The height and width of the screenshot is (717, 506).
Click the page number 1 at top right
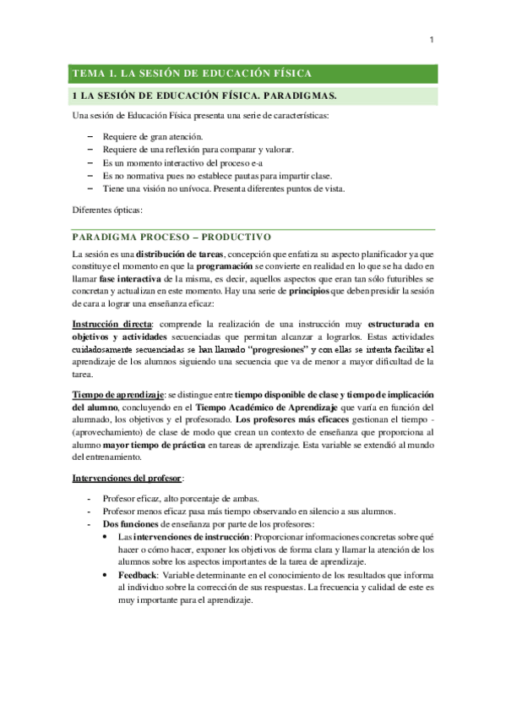coord(432,39)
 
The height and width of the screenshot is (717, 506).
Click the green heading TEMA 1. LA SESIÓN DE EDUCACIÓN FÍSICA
coord(193,73)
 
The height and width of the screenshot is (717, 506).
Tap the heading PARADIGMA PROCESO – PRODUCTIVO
coord(171,236)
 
